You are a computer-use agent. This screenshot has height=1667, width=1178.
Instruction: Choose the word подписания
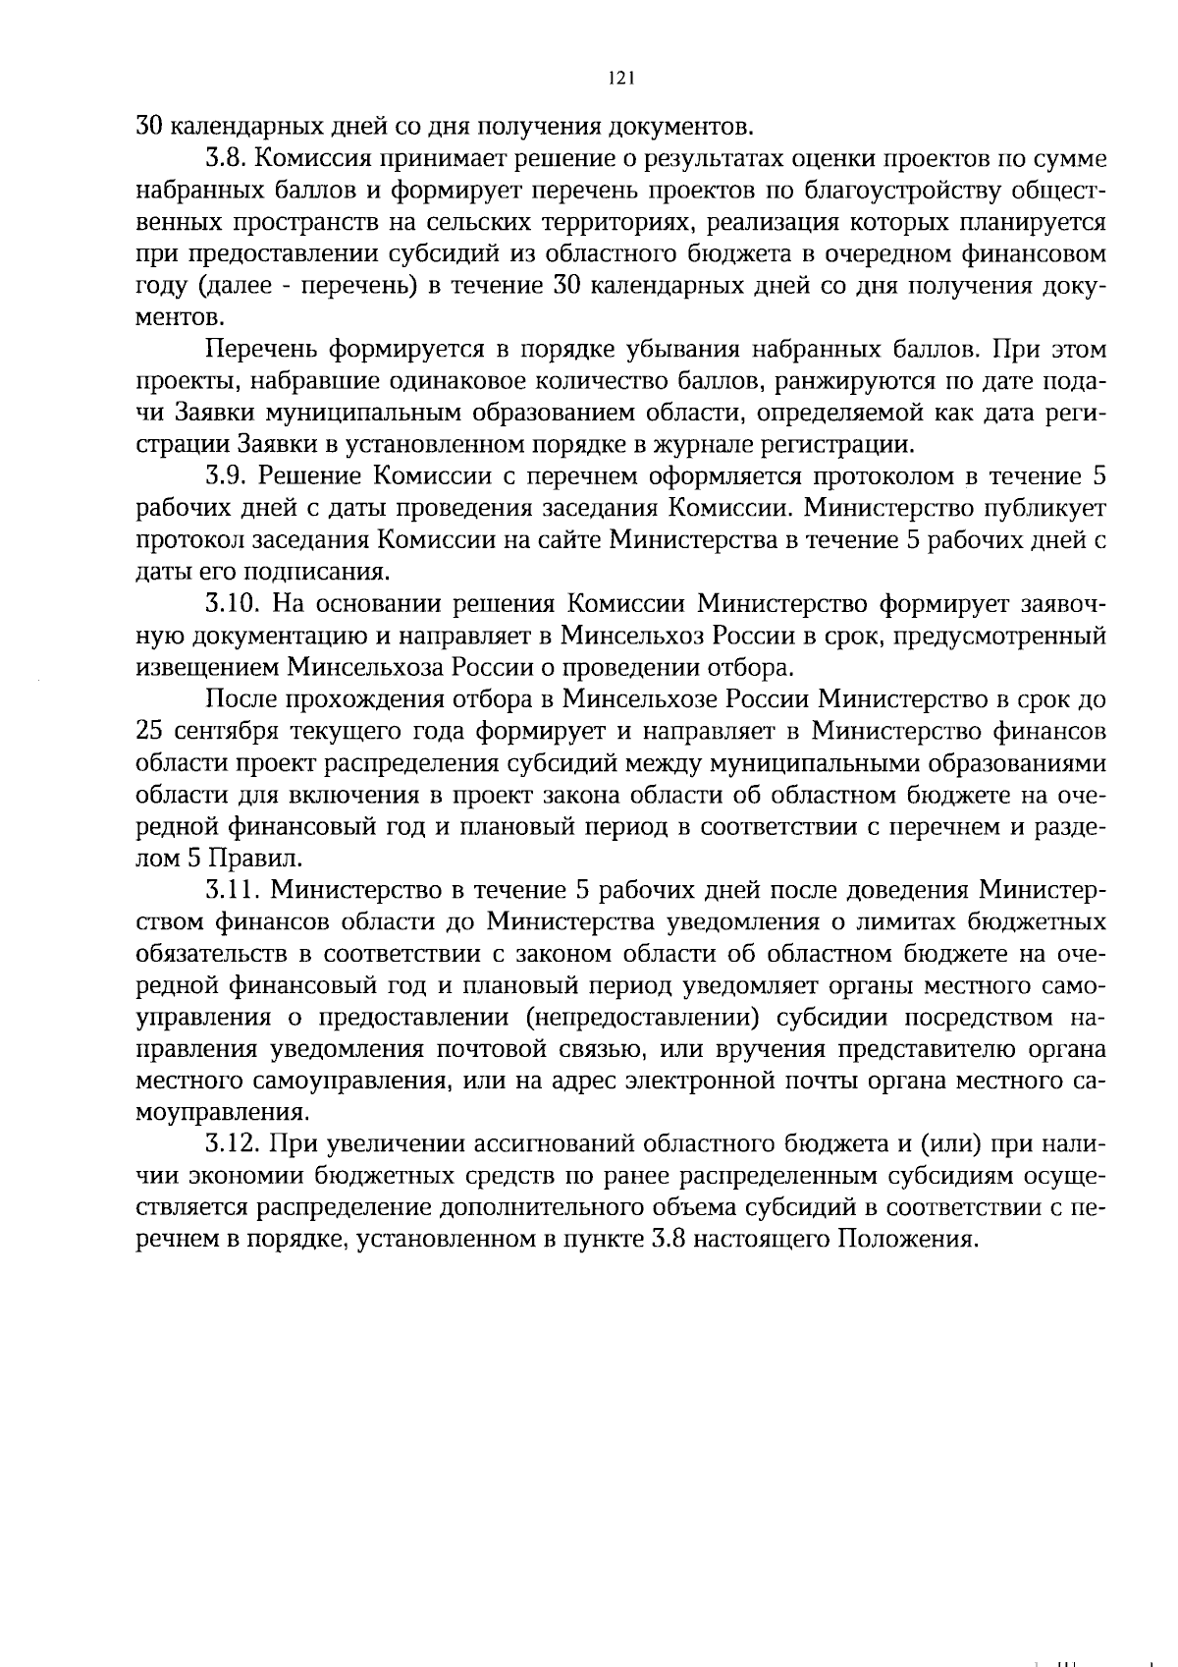pyautogui.click(x=327, y=573)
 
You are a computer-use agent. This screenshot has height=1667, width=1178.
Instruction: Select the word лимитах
pyautogui.click(x=923, y=922)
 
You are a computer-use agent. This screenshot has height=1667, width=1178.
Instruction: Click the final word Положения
pyautogui.click(x=907, y=1240)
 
